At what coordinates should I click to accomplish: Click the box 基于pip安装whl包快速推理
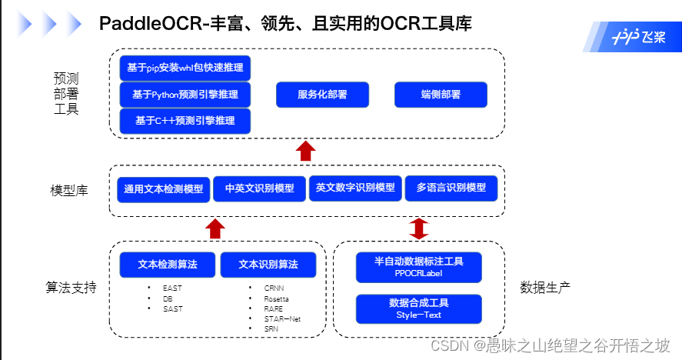185,68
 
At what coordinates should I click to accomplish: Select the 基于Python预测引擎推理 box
185,95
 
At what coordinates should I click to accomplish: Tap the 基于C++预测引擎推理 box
185,121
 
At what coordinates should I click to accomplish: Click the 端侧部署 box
441,95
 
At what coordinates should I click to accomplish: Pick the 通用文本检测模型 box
164,188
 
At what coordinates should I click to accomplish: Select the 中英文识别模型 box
259,188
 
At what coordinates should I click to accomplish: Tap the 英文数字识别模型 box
355,188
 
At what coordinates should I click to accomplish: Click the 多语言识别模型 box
451,188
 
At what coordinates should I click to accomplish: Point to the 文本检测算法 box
168,265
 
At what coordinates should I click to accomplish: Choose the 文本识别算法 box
268,265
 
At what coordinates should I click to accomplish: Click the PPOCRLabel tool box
418,267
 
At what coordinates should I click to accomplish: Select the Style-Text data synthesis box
418,308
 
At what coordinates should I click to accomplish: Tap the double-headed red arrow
419,228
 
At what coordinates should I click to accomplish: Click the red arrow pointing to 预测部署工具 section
306,151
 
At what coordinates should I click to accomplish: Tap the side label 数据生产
545,288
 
